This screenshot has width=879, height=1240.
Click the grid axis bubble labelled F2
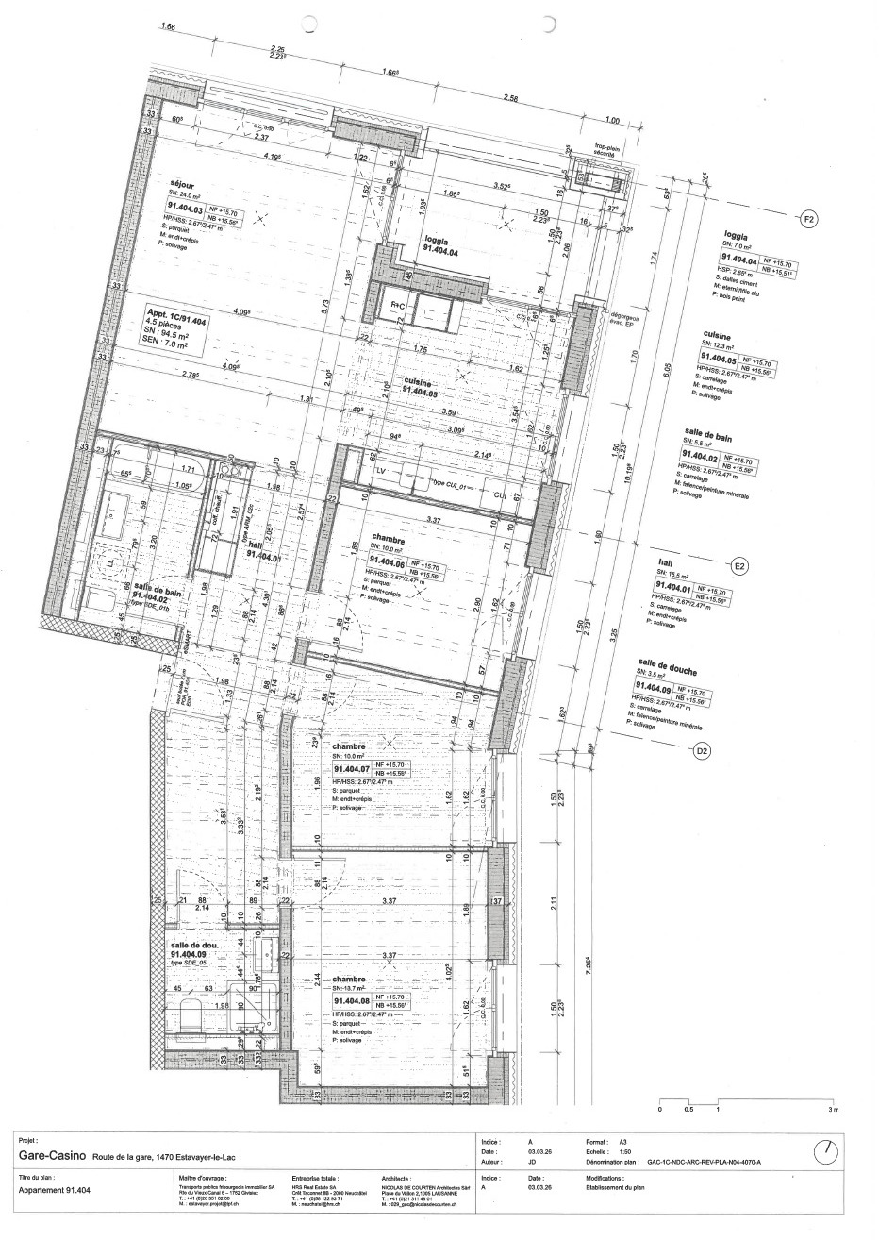point(808,220)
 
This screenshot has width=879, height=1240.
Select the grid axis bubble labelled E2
point(739,567)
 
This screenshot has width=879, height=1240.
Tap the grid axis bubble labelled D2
point(701,751)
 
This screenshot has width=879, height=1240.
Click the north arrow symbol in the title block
point(825,1151)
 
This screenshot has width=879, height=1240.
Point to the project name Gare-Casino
point(54,1155)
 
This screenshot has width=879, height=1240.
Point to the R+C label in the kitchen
point(399,306)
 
